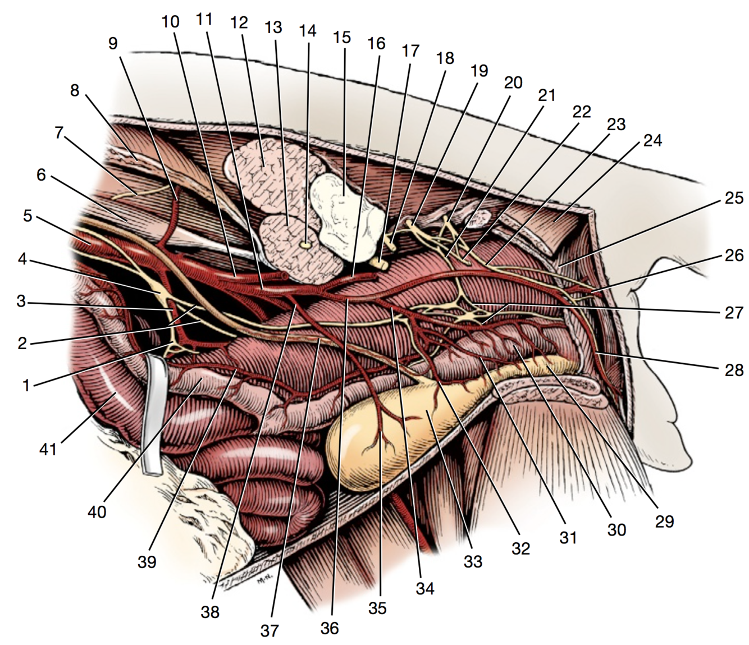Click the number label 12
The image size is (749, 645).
pos(239,23)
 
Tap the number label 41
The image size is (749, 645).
pos(48,449)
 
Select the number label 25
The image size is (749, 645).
pos(734,198)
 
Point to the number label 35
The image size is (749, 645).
pos(377,608)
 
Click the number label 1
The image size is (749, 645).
pos(26,385)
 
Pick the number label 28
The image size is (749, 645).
pos(734,370)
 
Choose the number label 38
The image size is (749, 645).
pos(210,611)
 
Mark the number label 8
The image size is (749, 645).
pos(75,90)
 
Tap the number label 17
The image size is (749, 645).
pos(410,51)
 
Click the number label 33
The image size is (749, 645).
pos(473,561)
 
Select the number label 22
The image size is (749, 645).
pos(582,112)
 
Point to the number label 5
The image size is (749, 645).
pos(28,215)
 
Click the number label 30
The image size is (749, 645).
pos(616,529)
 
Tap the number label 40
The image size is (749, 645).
pos(97,511)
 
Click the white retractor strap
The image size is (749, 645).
pos(153,415)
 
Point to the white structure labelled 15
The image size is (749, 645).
pos(344,208)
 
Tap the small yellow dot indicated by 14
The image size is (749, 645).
pos(306,244)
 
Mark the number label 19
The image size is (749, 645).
pos(479,71)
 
